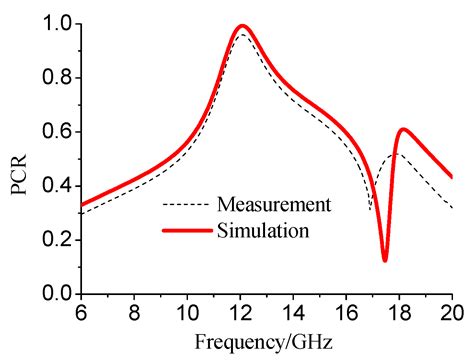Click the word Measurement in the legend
coord(272,205)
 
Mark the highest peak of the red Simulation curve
coord(242,26)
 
